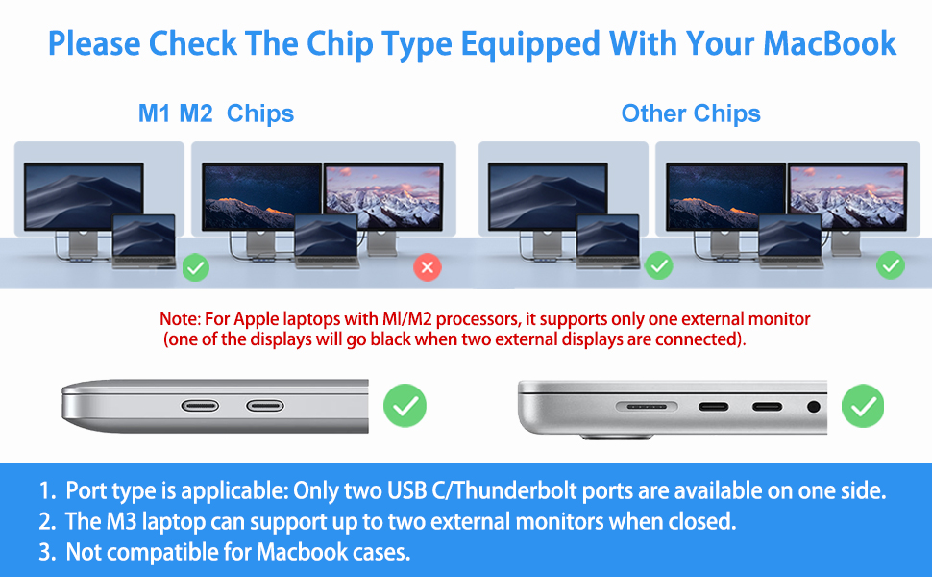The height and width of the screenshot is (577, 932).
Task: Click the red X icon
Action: [428, 266]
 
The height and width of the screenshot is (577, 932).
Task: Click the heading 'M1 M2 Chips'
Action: [216, 113]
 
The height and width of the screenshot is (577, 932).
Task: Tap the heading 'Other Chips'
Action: [691, 113]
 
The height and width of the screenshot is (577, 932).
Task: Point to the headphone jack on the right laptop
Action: [815, 407]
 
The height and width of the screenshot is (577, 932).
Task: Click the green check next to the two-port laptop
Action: [405, 406]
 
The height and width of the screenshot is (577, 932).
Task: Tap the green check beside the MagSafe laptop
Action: [862, 406]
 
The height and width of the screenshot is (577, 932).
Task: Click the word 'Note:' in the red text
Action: [179, 318]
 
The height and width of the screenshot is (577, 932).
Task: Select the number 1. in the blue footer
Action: [47, 491]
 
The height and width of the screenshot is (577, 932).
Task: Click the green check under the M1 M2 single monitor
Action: [196, 266]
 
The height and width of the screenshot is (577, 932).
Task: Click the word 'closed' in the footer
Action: [701, 522]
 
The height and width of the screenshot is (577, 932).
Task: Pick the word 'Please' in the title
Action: [94, 43]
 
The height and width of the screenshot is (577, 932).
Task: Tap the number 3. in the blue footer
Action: [47, 553]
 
